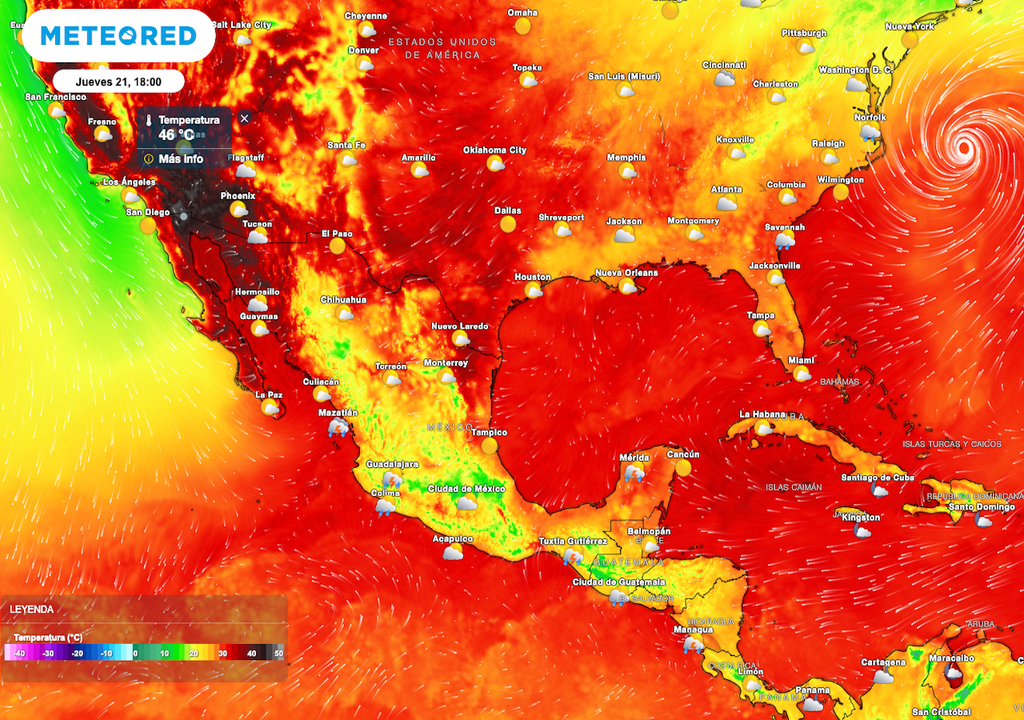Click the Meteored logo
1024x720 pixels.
click(119, 36)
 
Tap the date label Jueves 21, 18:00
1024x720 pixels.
click(119, 82)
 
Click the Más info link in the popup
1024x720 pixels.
click(180, 158)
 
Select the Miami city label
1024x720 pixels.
click(801, 360)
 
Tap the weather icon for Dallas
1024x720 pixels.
click(508, 224)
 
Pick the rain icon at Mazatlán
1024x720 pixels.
click(339, 427)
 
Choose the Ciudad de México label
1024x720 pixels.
click(466, 488)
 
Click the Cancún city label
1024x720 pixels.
click(682, 455)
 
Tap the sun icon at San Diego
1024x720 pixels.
click(148, 226)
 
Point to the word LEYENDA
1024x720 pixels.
click(32, 609)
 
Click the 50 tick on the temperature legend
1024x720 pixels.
click(279, 652)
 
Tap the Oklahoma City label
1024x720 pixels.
click(494, 150)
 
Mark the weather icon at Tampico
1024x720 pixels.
click(489, 446)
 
